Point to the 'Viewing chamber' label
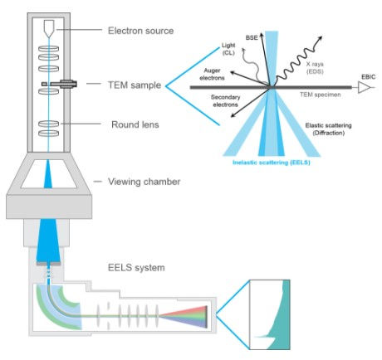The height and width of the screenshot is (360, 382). point(146,182)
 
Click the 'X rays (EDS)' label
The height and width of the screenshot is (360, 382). point(326,66)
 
